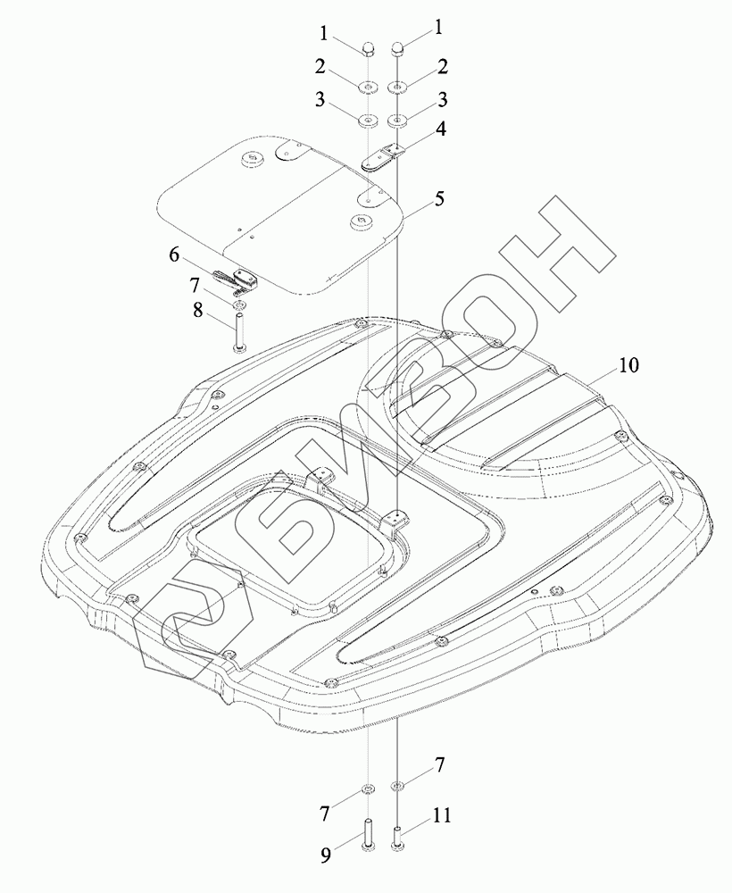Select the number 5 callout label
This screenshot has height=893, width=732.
[438, 199]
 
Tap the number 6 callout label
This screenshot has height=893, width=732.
[175, 255]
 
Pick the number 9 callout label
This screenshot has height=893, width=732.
[326, 856]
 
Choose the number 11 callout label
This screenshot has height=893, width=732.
[442, 815]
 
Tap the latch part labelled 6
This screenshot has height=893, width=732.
[236, 278]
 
